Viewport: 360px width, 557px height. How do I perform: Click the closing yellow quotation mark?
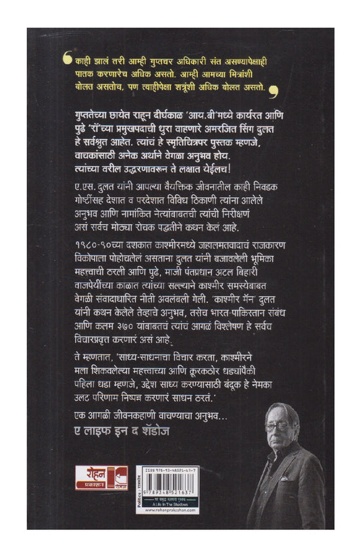click(272, 88)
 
